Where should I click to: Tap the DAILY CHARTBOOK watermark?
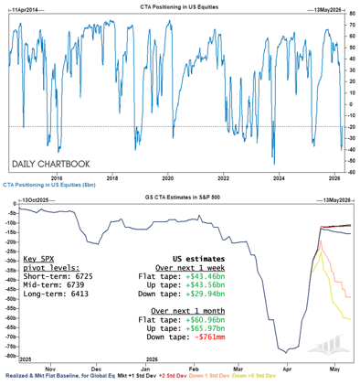click(x=52, y=164)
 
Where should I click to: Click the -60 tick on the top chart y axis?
click(x=352, y=170)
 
